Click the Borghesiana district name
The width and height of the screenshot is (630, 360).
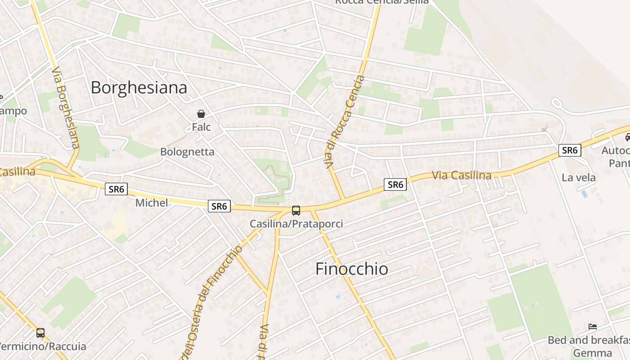point(139,87)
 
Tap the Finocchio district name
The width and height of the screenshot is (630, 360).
point(351,269)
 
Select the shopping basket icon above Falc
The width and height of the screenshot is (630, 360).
point(201,114)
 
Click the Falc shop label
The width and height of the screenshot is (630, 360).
point(201,127)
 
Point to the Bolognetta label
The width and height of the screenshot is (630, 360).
point(187,152)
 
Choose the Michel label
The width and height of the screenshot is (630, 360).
point(152,203)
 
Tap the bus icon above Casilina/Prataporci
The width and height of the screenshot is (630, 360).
point(296,210)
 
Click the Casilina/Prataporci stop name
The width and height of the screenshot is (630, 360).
point(296,224)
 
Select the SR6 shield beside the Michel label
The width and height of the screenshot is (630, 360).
point(116,189)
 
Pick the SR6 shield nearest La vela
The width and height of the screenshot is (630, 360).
point(570,150)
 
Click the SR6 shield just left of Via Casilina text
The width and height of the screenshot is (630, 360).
point(395,184)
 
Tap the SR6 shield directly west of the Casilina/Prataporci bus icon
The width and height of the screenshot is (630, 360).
point(219,206)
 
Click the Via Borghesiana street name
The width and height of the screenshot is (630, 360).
point(66,108)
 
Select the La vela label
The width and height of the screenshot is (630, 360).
point(578,178)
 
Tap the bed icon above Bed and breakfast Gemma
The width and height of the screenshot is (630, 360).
point(593,326)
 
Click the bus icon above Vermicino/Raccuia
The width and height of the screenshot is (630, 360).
point(40,333)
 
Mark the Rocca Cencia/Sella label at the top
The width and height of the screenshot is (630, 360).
point(382,2)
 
